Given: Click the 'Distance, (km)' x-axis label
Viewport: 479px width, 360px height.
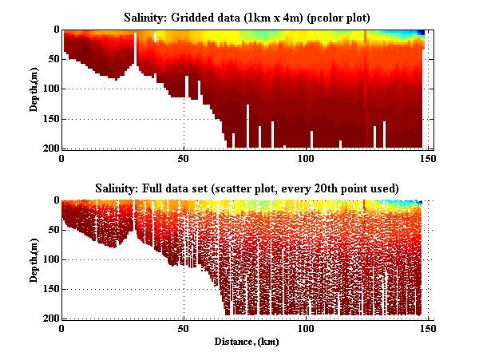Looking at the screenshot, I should (243, 342).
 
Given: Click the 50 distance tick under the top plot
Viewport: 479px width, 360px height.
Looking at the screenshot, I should (184, 158).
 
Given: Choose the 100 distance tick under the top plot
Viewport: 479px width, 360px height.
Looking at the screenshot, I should (306, 158).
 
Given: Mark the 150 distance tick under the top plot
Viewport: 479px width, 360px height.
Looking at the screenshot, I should (428, 158).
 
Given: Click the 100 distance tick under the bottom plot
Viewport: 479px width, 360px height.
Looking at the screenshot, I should (306, 328).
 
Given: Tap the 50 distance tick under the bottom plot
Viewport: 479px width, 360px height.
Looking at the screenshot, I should (184, 328).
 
